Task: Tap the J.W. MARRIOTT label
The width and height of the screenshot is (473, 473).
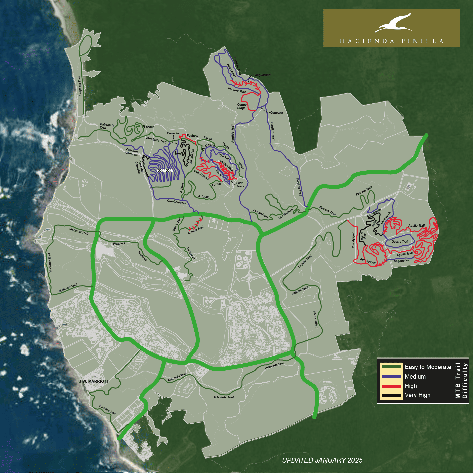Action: point(94,381)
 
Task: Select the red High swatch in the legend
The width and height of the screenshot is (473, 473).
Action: point(391,386)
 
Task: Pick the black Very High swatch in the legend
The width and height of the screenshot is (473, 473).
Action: point(391,395)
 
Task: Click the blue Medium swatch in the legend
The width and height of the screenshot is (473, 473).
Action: point(391,377)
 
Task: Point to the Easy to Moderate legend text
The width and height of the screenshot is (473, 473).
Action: point(428,367)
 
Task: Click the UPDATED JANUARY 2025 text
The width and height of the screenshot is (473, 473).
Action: point(322,460)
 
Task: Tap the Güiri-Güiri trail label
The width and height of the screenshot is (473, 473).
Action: point(165,171)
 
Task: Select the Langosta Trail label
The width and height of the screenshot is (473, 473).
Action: point(80,86)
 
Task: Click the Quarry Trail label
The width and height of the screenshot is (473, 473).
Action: point(400,242)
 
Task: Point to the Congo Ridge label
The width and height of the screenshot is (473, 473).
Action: point(242,106)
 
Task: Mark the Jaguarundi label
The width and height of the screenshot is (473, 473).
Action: point(263,75)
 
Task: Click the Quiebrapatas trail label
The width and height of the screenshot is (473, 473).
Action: point(176,202)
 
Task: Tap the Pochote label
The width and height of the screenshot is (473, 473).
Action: point(192,136)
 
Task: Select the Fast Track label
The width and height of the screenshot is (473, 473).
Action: point(240,185)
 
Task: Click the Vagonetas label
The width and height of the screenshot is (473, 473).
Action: point(401,261)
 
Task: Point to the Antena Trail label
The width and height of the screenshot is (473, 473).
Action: point(196,230)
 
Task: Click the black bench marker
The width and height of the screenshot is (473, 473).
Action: point(144,126)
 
